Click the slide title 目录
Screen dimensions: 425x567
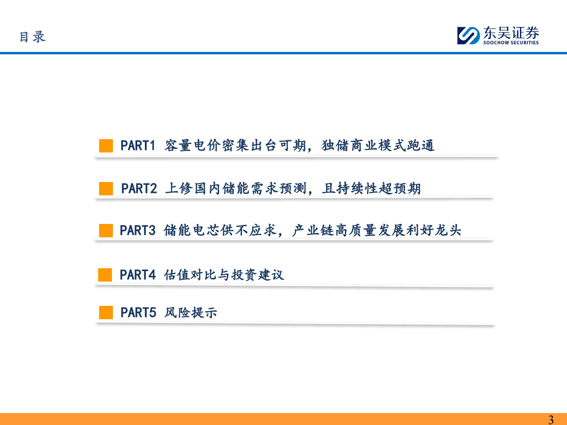[x=32, y=37]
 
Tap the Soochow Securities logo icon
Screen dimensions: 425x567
[x=468, y=36]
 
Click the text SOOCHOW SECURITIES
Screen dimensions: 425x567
[x=511, y=43]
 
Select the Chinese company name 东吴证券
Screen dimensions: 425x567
[x=511, y=33]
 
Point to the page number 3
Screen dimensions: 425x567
[x=551, y=420]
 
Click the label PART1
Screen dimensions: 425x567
[x=138, y=145]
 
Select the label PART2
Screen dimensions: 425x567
[x=139, y=189]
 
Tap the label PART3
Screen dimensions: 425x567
[x=138, y=231]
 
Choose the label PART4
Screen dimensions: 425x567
[x=138, y=275]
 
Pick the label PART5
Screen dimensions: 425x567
[x=138, y=313]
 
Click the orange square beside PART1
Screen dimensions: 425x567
[x=106, y=146]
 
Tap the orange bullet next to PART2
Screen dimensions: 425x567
[x=106, y=189]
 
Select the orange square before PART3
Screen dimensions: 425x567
[x=106, y=231]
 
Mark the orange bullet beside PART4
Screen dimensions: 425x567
[x=105, y=275]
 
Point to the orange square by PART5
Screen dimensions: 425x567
[x=106, y=313]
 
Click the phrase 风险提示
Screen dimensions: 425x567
[x=191, y=313]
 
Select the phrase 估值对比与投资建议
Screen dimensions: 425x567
[x=224, y=275]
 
